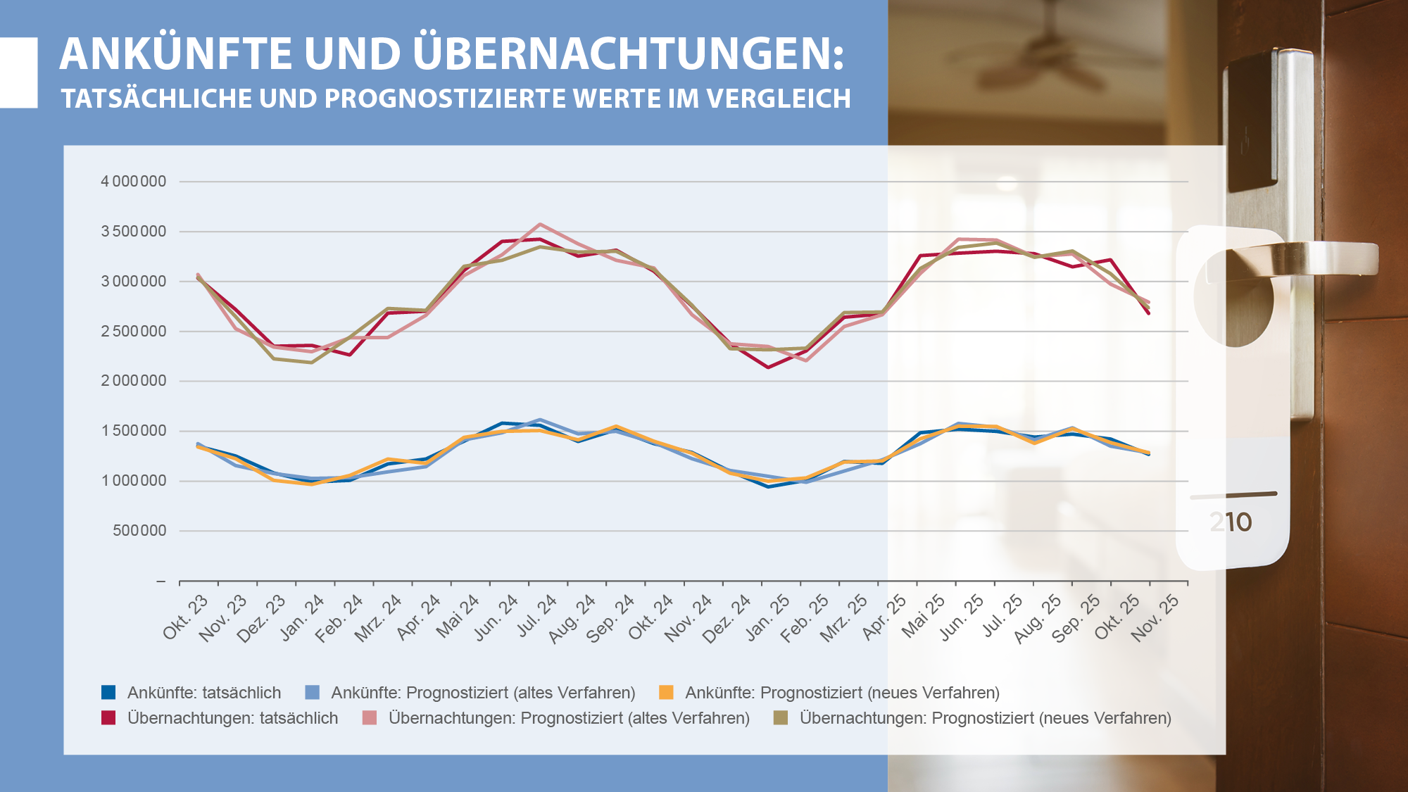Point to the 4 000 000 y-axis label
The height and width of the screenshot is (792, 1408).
point(134,182)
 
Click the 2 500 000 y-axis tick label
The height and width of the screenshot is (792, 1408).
point(134,332)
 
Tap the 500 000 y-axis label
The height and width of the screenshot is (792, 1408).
point(139,531)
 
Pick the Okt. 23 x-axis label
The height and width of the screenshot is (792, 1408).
point(187,617)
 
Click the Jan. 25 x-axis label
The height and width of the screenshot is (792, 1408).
point(769,617)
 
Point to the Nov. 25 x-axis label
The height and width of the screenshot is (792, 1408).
point(1156,617)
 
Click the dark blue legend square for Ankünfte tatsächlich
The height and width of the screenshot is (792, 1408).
point(108,692)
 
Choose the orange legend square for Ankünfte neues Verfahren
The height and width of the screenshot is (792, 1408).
point(666,692)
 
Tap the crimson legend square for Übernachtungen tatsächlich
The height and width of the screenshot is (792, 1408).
point(108,717)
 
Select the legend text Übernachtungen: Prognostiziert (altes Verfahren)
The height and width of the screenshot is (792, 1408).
point(569,718)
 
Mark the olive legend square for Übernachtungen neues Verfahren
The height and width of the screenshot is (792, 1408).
point(780,717)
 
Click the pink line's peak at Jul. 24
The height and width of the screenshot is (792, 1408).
point(540,225)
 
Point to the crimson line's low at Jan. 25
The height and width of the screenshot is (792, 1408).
point(768,367)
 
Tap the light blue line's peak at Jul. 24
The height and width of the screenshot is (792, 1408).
point(540,420)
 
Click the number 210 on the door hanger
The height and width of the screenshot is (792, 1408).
point(1231,522)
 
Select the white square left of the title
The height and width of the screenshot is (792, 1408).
point(18,73)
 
